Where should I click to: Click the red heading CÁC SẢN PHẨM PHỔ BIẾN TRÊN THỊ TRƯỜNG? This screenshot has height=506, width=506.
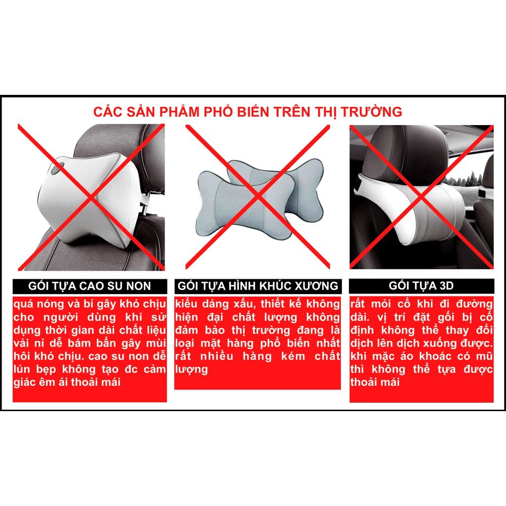tap(248, 112)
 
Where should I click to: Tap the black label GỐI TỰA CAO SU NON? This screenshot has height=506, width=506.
tap(90, 286)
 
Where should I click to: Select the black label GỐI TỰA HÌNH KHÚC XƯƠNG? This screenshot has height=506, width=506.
tap(258, 286)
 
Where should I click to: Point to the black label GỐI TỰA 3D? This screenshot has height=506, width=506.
tap(422, 286)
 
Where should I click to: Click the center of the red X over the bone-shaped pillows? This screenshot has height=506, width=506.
tap(257, 196)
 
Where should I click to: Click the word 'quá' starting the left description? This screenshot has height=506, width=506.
tap(23, 304)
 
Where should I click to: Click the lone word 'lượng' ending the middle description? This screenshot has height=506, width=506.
tap(191, 370)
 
